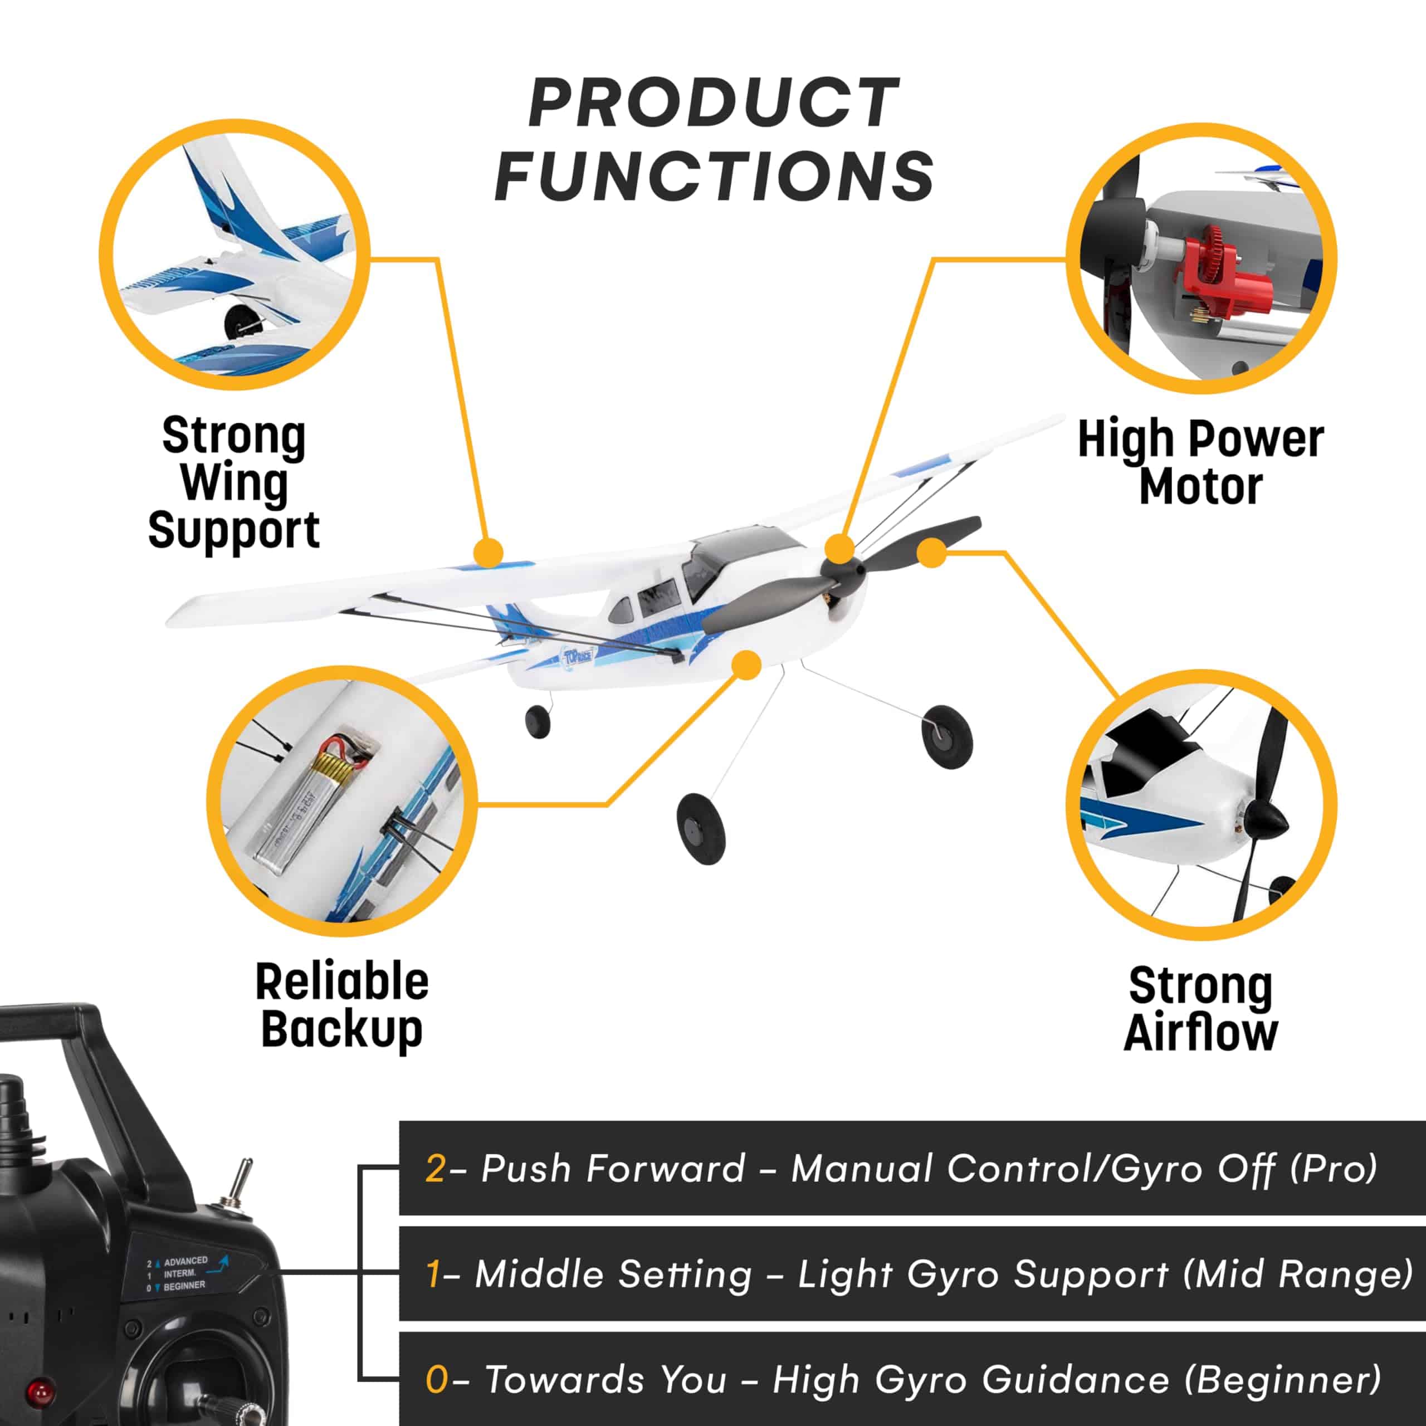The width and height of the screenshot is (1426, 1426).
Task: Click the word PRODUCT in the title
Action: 714,104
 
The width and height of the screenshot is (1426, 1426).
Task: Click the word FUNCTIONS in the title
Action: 714,175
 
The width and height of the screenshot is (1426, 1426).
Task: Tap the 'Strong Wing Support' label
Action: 234,483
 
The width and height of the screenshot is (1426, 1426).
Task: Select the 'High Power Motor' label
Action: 1201,463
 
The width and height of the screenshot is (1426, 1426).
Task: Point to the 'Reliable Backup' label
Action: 341,1006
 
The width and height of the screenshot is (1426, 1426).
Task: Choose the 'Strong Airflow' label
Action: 1201,1010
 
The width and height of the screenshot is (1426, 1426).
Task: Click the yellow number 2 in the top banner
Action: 434,1169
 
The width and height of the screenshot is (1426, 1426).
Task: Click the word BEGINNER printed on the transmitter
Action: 184,1286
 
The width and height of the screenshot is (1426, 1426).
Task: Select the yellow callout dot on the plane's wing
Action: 488,552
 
